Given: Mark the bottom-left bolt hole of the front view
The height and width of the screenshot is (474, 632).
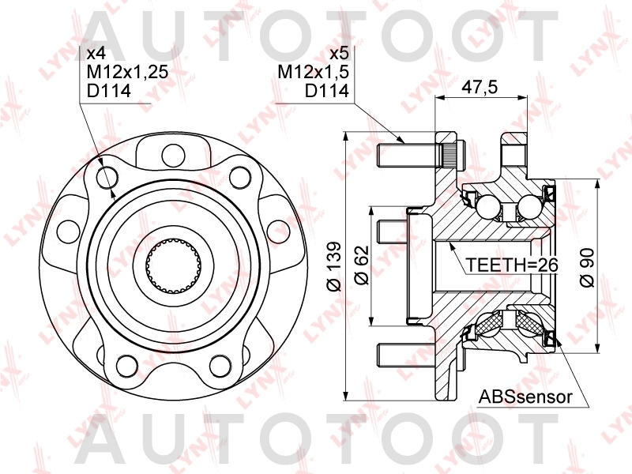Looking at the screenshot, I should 126,365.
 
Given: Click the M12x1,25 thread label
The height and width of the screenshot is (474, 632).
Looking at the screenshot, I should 127,73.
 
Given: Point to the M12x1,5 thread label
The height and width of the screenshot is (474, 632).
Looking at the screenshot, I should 313,73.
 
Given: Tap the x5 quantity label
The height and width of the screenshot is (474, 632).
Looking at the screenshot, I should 338,54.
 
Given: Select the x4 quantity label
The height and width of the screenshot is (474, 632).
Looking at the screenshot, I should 96,54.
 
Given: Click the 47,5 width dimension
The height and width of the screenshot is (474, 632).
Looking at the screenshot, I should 480,88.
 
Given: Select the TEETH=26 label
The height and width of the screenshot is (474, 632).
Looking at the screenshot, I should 511,265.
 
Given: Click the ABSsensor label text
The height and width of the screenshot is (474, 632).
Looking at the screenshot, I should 524,397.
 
